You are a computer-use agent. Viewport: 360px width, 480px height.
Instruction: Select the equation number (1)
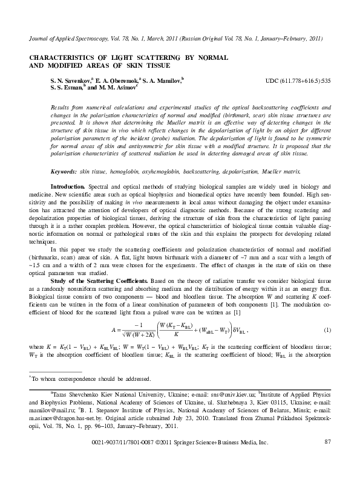coord(327,330)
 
